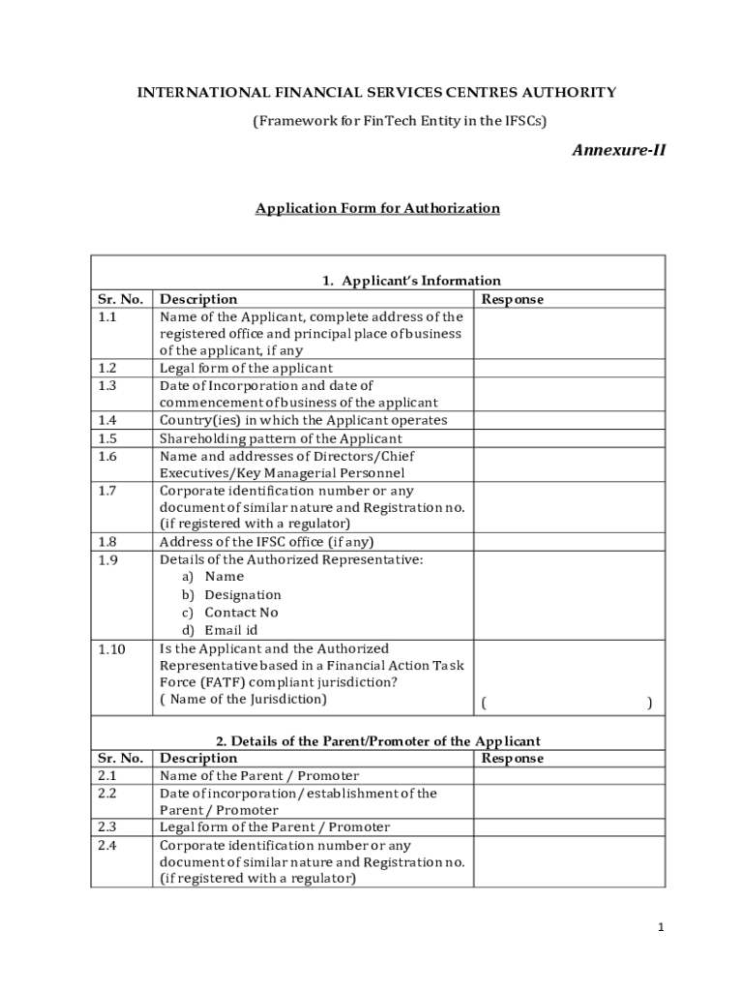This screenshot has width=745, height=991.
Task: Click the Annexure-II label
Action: pyautogui.click(x=618, y=150)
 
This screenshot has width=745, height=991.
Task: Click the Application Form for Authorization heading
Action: pyautogui.click(x=377, y=208)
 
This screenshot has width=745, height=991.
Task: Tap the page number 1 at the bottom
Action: pyautogui.click(x=660, y=927)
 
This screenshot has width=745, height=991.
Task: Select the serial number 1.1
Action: pyautogui.click(x=107, y=316)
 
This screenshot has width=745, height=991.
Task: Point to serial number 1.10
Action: pyautogui.click(x=111, y=648)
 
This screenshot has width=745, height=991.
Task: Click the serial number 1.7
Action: pyautogui.click(x=107, y=491)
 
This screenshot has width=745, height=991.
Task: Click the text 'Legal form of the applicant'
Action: pyautogui.click(x=246, y=368)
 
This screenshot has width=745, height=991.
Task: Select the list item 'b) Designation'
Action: pyautogui.click(x=232, y=595)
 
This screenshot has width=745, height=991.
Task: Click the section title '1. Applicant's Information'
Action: pyautogui.click(x=411, y=282)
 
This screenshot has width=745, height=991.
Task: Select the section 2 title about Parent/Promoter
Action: pyautogui.click(x=377, y=741)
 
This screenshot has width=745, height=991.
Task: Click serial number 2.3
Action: pyautogui.click(x=107, y=827)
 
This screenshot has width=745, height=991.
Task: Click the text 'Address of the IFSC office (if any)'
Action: pyautogui.click(x=266, y=542)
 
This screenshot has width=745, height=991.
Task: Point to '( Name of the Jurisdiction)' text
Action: pyautogui.click(x=243, y=699)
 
